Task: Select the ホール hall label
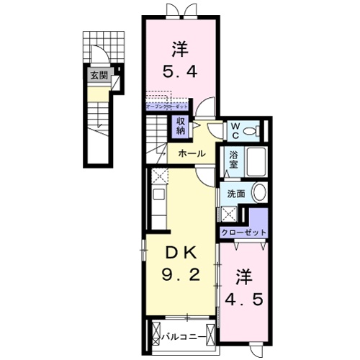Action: pos(192,153)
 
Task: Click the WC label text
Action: pos(234,130)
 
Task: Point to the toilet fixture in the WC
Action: pos(251,131)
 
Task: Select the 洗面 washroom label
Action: pos(236,193)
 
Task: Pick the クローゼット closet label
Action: pos(243,233)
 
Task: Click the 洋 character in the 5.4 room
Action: pos(180,50)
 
